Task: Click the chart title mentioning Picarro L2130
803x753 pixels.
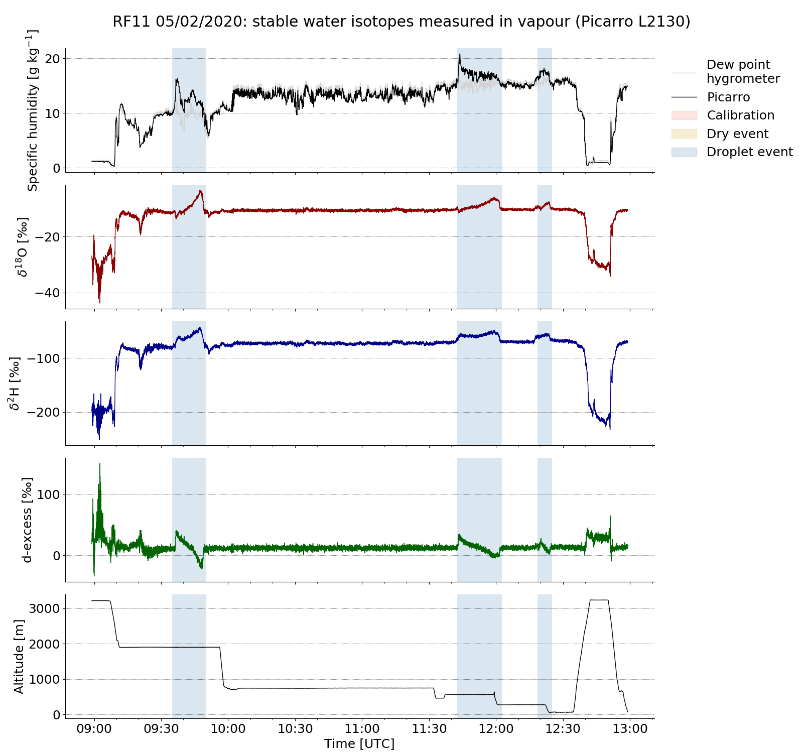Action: [401, 22]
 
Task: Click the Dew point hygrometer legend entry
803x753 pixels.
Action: [743, 72]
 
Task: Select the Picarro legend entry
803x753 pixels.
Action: [728, 97]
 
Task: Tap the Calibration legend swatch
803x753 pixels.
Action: [684, 115]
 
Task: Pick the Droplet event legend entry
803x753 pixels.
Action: [749, 152]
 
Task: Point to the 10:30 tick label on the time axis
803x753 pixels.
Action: [295, 728]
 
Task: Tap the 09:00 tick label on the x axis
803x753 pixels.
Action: [94, 728]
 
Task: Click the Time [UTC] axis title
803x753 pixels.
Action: [359, 743]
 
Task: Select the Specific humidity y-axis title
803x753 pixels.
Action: [33, 110]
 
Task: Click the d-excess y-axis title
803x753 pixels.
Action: [28, 520]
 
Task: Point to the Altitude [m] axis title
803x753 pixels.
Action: [19, 656]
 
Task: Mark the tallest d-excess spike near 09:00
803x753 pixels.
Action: [100, 464]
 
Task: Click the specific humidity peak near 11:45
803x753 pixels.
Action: [459, 54]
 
